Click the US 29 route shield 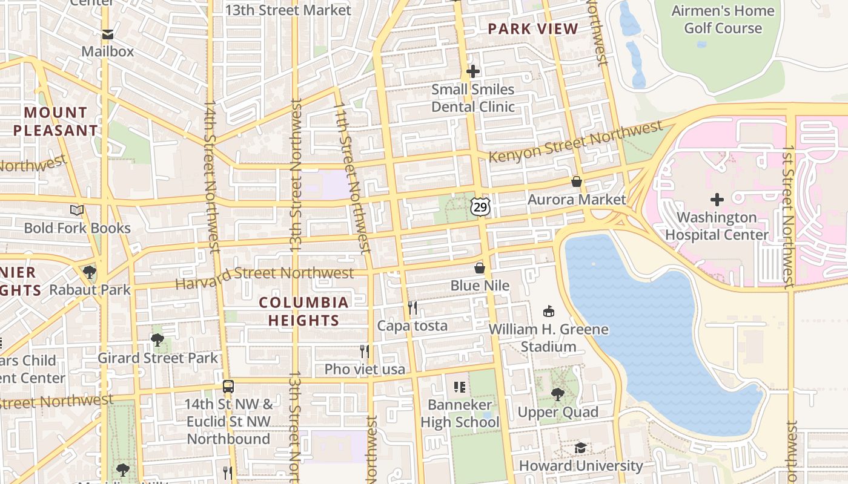coord(480,208)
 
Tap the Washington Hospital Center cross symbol coord(717,199)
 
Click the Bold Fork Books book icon coord(77,210)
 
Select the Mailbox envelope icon coord(107,34)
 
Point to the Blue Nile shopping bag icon coord(480,267)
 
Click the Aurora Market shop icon coord(577,181)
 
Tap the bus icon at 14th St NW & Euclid coord(228,386)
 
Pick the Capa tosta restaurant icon coord(412,307)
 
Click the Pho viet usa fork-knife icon coord(365,351)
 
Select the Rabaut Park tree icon coord(90,272)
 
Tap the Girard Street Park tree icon coord(157,340)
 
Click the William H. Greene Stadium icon coord(549,312)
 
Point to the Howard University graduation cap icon coord(580,448)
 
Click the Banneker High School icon coord(460,386)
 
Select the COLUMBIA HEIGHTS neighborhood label coord(303,311)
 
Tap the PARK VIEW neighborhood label coord(533,28)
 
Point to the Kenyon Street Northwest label coord(575,142)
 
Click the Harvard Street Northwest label coord(265,275)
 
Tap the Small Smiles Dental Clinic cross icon coord(473,72)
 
